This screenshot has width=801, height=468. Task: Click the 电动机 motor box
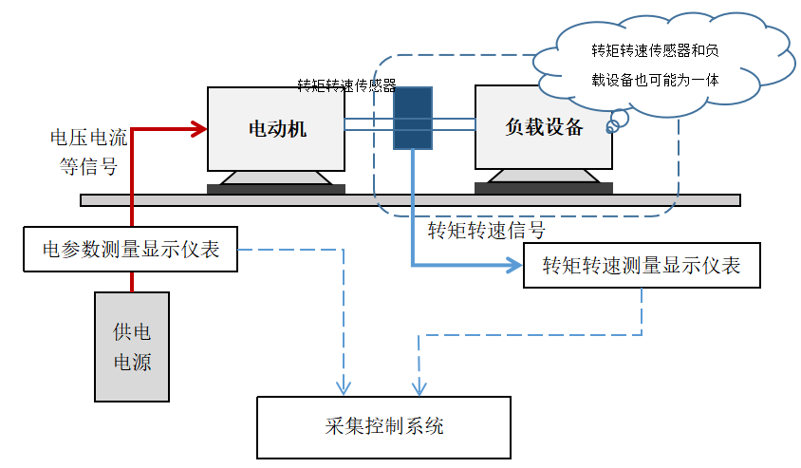276,129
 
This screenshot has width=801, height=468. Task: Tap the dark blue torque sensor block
413,119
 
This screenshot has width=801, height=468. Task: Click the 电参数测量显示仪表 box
130,250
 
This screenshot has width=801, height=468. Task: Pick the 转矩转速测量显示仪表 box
642,266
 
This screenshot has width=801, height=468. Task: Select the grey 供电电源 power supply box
132,346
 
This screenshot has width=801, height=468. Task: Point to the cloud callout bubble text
654,65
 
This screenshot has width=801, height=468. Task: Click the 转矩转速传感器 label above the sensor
346,85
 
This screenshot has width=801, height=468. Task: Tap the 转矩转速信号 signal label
487,231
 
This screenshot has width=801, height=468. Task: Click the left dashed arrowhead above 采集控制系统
346,388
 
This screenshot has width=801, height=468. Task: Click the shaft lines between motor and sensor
368,124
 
